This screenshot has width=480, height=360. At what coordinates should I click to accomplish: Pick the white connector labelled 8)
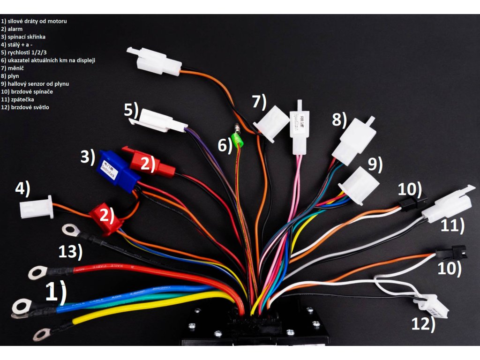coord(355,139)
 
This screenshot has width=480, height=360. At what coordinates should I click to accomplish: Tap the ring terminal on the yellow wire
coord(43,334)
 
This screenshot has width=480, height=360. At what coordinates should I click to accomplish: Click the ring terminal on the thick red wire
coord(37,272)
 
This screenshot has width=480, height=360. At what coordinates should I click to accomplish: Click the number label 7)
coord(259,102)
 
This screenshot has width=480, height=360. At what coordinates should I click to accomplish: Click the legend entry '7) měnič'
coord(14,68)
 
